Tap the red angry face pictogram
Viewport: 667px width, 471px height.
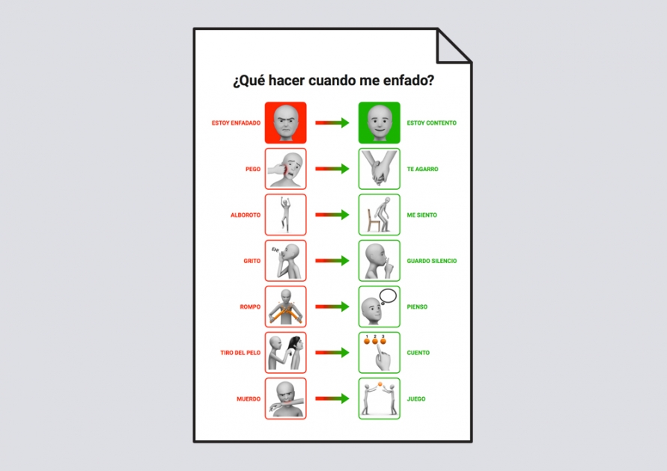click(285, 123)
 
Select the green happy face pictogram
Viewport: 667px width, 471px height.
click(379, 123)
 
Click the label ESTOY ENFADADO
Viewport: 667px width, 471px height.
click(236, 123)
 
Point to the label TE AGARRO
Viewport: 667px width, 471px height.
click(422, 169)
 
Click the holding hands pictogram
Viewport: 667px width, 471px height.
click(379, 169)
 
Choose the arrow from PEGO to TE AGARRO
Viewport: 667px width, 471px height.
click(332, 169)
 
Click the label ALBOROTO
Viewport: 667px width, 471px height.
click(246, 215)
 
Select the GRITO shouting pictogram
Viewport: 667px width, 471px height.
click(285, 261)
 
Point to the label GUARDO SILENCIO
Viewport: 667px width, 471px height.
click(432, 261)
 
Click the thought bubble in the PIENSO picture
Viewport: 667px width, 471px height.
click(388, 296)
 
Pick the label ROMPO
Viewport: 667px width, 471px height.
click(250, 307)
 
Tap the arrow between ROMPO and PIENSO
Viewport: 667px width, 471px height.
click(332, 307)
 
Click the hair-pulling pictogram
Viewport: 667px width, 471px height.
click(285, 353)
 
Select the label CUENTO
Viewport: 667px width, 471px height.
click(418, 353)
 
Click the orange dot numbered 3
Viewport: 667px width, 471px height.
click(383, 341)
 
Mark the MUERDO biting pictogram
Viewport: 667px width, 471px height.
click(285, 398)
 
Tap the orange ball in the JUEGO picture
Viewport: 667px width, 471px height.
click(380, 384)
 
